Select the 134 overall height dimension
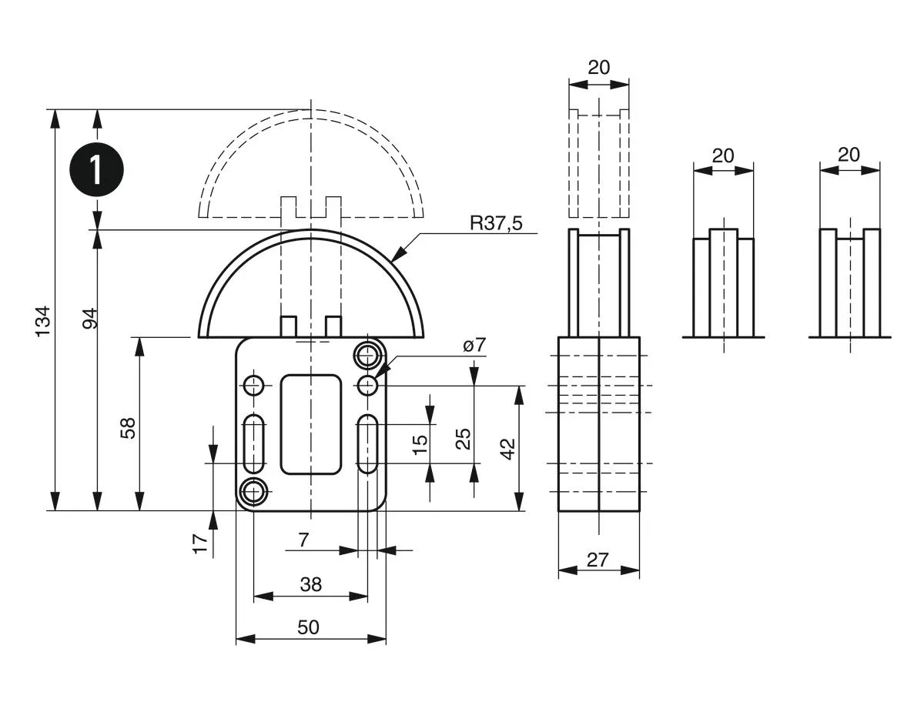pyautogui.click(x=43, y=320)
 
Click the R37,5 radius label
pyautogui.click(x=497, y=223)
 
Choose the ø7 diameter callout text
pyautogui.click(x=475, y=346)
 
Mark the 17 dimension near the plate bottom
pyautogui.click(x=200, y=543)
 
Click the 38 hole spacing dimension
pyautogui.click(x=310, y=584)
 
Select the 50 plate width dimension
pyautogui.click(x=308, y=627)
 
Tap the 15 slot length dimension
pyautogui.click(x=420, y=444)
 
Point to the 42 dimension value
pyautogui.click(x=508, y=449)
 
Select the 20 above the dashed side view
pyautogui.click(x=598, y=67)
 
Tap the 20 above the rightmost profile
pyautogui.click(x=849, y=155)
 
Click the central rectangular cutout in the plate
pyautogui.click(x=311, y=424)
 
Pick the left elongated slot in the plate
pyautogui.click(x=254, y=444)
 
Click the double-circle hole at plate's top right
pyautogui.click(x=367, y=356)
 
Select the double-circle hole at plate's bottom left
pyautogui.click(x=254, y=490)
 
